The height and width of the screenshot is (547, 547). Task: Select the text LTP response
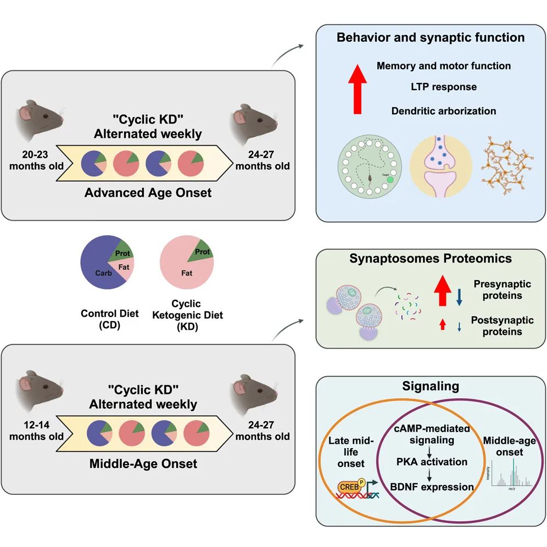coord(443,87)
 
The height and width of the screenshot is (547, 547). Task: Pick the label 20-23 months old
coord(36,159)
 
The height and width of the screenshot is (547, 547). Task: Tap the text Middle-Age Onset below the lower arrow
coord(143,464)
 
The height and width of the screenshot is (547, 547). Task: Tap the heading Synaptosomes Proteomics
coord(431,258)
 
